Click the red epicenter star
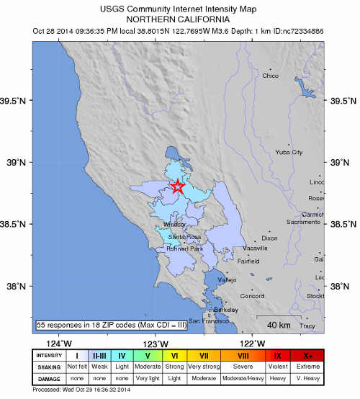[x=178, y=187]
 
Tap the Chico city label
[x=271, y=76]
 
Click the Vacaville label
[x=255, y=248]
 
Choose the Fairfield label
[x=248, y=261]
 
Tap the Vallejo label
[x=228, y=279]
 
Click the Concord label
[x=251, y=296]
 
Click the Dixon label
[x=269, y=238]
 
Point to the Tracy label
[x=307, y=326]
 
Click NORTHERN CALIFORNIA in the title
[x=179, y=19]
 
